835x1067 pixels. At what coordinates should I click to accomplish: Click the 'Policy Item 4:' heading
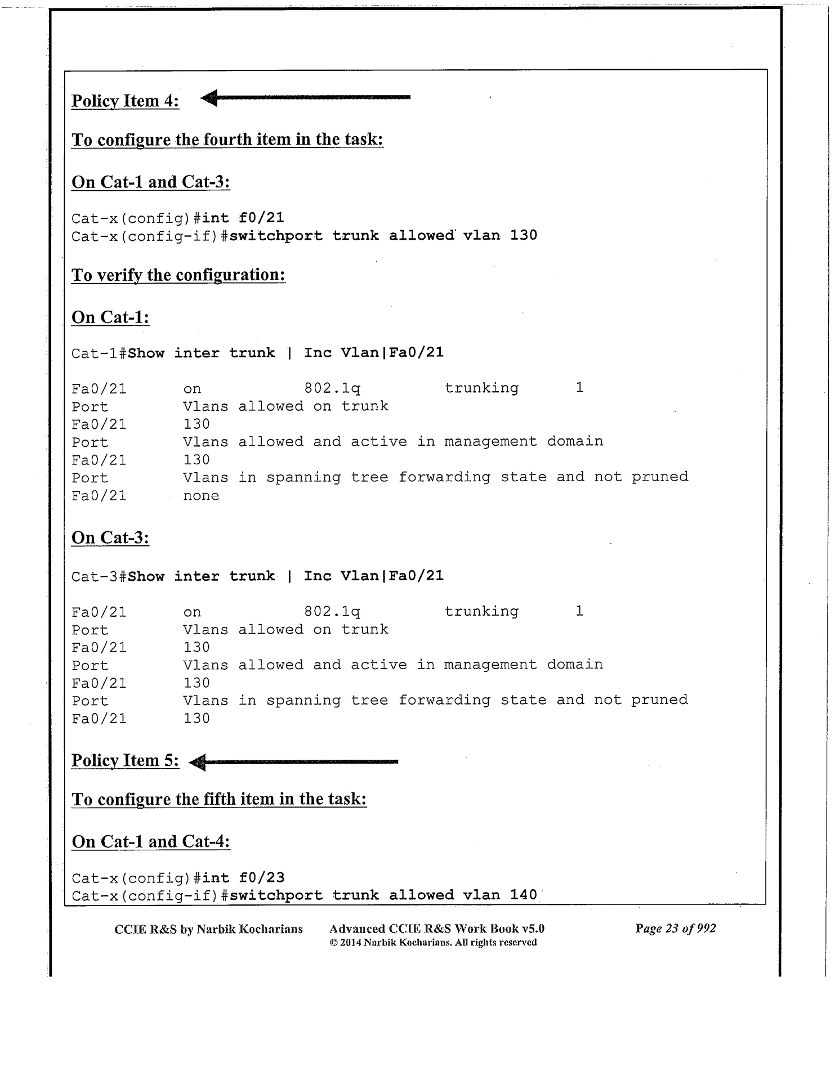[x=125, y=101]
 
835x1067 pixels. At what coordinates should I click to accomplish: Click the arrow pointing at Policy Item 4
[x=305, y=98]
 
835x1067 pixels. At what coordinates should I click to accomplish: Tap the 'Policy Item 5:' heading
[x=125, y=760]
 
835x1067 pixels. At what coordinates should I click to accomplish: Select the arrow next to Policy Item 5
[x=293, y=762]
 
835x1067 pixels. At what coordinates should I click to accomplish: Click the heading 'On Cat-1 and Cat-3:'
[x=151, y=182]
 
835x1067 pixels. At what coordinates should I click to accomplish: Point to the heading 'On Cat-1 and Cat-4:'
[x=151, y=841]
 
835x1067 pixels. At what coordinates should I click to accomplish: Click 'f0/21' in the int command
[x=261, y=218]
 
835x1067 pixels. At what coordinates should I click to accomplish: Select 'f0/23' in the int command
[x=261, y=877]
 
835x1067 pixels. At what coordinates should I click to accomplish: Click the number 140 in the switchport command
[x=524, y=895]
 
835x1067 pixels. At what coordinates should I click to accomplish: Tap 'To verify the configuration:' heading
[x=178, y=275]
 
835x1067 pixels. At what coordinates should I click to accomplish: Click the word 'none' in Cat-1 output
[x=201, y=496]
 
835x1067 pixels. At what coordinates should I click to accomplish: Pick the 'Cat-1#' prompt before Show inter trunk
[x=99, y=353]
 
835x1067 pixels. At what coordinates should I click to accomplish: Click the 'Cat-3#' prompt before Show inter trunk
[x=99, y=576]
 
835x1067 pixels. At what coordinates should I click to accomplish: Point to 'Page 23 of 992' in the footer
[x=676, y=929]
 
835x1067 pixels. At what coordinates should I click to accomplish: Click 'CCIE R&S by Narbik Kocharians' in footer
[x=208, y=929]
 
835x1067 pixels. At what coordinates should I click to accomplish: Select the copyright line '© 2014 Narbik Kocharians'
[x=433, y=943]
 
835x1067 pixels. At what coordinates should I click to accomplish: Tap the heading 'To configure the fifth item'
[x=219, y=799]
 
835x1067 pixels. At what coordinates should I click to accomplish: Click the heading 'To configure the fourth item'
[x=227, y=140]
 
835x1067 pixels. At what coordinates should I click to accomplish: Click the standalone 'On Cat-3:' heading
[x=110, y=538]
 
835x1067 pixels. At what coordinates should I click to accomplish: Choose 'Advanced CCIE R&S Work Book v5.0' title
[x=436, y=929]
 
